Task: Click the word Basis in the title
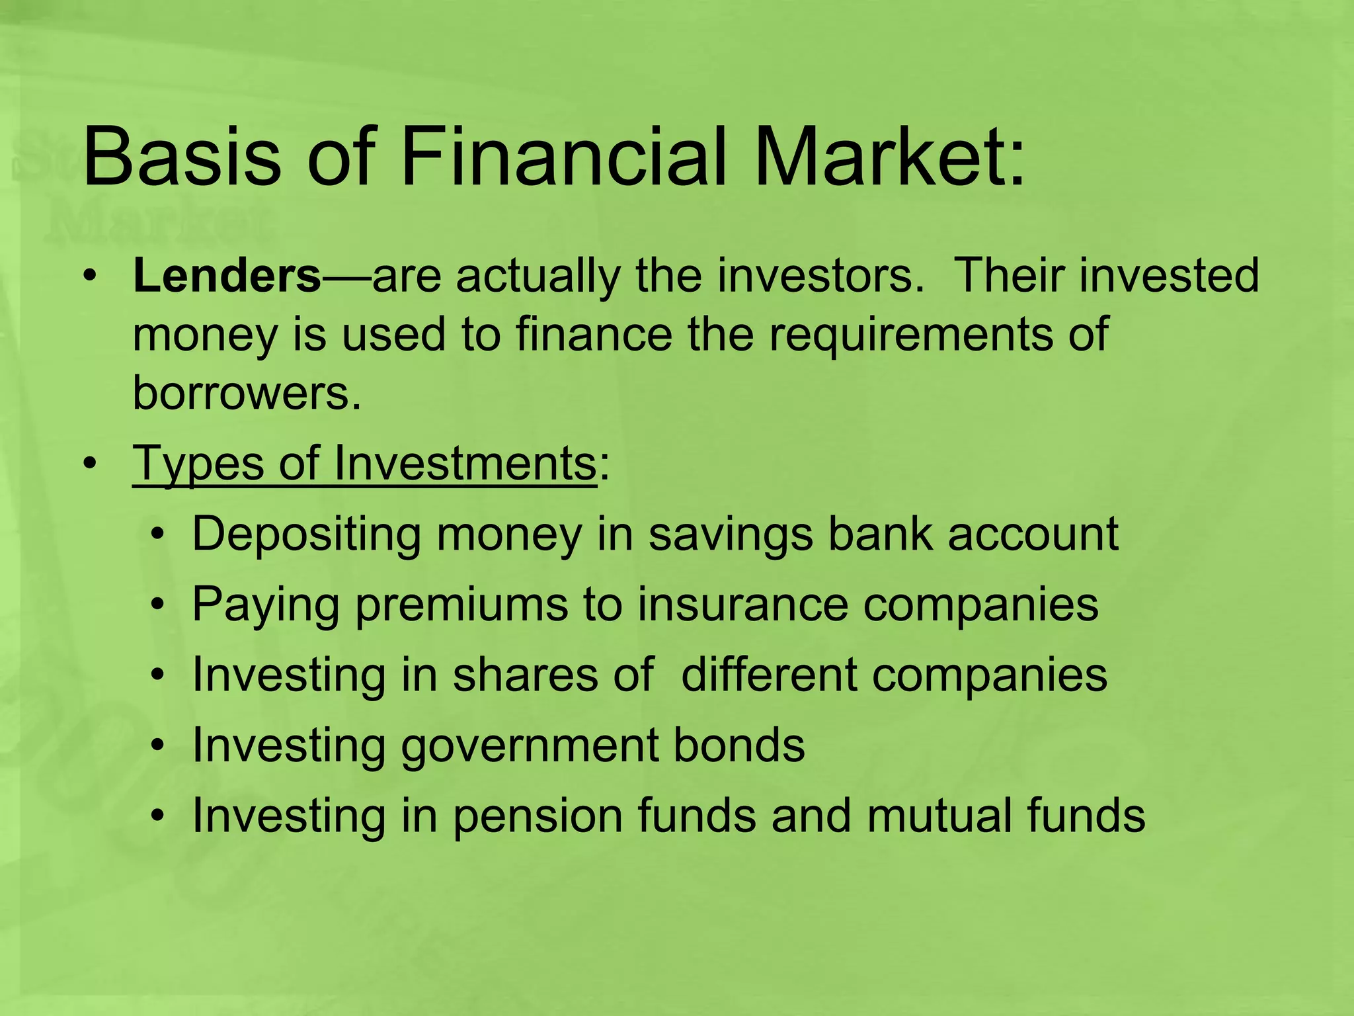coord(181,159)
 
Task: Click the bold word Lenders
coord(227,276)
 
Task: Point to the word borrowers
coord(247,393)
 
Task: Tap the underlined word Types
coord(198,464)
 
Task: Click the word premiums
coord(461,606)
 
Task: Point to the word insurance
coord(742,605)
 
